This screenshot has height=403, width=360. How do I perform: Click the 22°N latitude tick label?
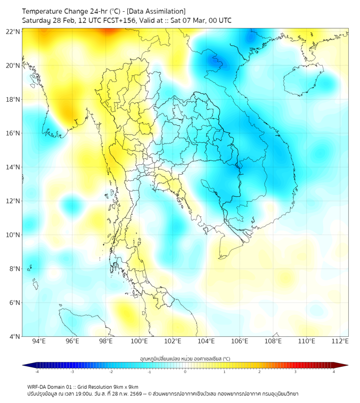pos(13,31)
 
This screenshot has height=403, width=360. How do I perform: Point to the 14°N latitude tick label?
pos(13,167)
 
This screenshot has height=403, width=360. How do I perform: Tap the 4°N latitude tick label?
pos(15,336)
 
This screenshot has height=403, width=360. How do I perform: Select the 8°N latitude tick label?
pos(15,269)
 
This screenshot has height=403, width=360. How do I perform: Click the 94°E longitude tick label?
pos(39,341)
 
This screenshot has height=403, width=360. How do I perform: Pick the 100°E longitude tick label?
pos(139,341)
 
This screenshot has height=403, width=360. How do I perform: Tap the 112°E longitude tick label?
pos(340,341)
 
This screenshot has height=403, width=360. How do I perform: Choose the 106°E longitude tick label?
pos(240,341)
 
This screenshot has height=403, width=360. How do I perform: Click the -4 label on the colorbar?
pos(37,372)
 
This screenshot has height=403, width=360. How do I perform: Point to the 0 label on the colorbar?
pos(185,372)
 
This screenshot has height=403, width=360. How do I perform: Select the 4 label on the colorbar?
pos(334,372)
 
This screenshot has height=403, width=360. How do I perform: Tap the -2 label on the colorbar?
pos(111,372)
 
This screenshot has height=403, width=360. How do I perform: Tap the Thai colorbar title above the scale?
pos(185,358)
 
